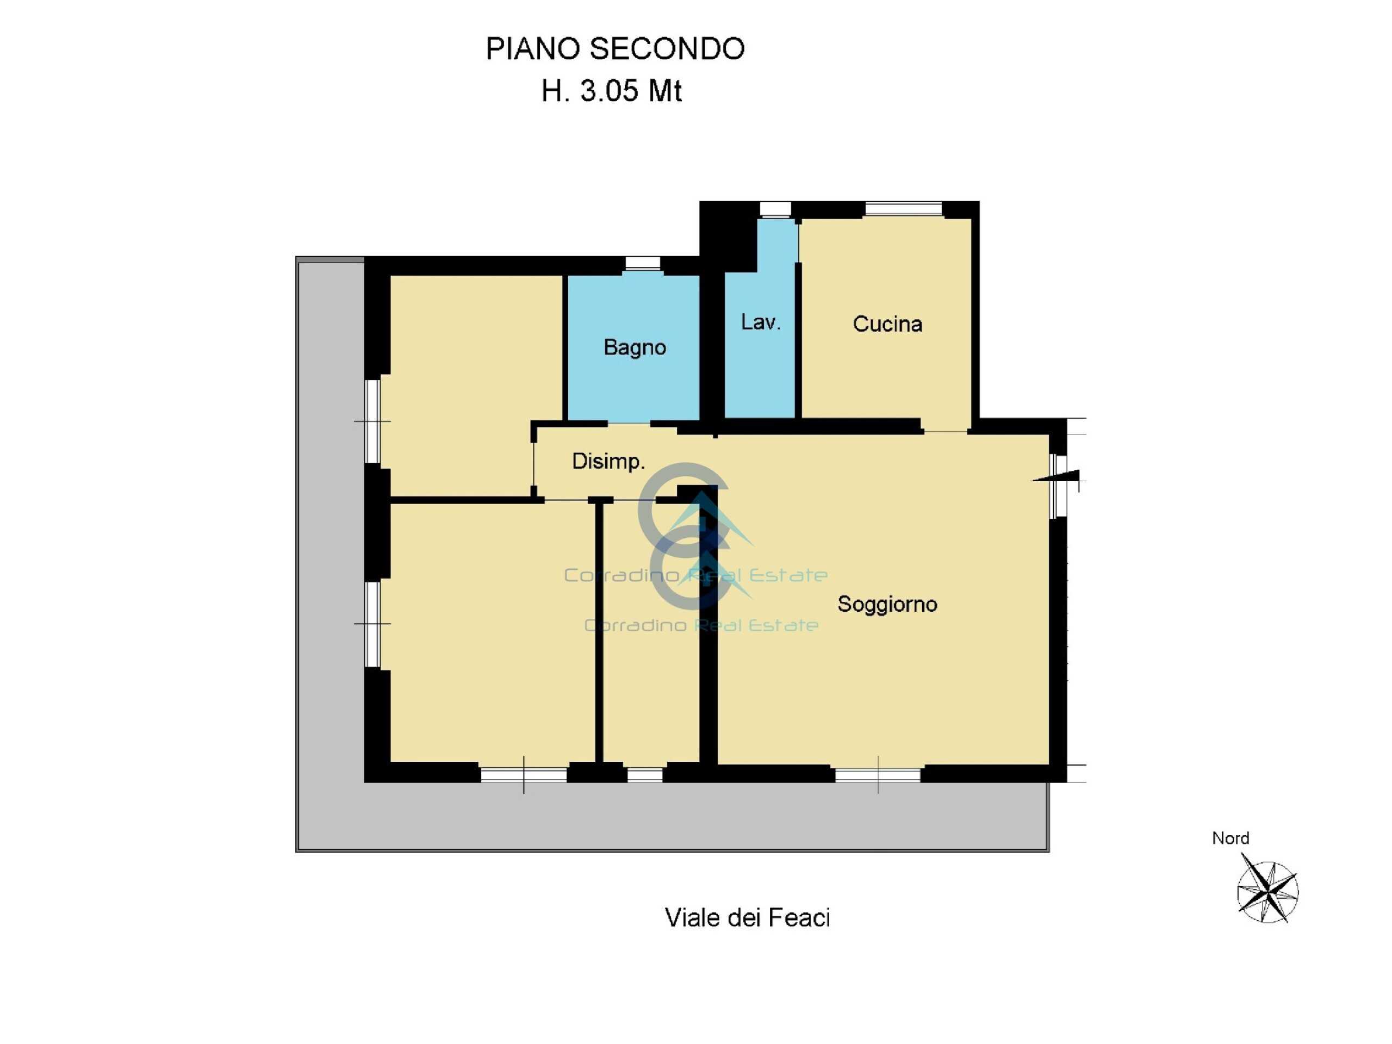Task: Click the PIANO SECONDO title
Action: coord(615,49)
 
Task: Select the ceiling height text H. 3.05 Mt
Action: coord(612,91)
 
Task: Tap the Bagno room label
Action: coord(635,347)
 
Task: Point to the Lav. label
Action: coord(761,322)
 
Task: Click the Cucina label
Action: coord(887,324)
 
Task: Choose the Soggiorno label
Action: coord(887,604)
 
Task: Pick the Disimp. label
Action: coord(608,461)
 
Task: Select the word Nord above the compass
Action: coord(1231,838)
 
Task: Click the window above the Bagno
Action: coord(643,264)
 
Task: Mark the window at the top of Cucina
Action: coord(904,209)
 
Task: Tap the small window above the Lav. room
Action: coord(775,209)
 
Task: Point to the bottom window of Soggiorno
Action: coord(878,775)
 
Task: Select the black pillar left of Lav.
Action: coord(728,236)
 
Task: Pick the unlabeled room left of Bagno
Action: coord(476,386)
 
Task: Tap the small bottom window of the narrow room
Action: coord(645,775)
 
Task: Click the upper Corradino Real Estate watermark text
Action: coord(695,575)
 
